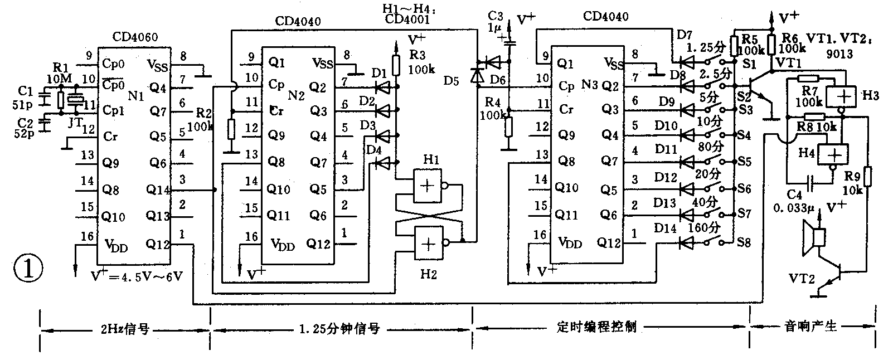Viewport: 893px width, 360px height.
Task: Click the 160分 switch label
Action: pos(704,228)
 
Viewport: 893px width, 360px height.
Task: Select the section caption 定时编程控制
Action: pos(596,327)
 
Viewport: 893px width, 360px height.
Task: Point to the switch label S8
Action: pos(744,243)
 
